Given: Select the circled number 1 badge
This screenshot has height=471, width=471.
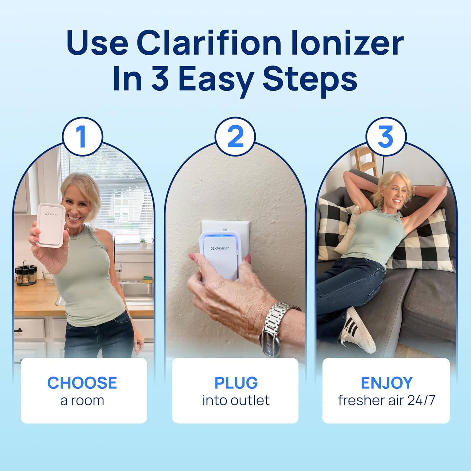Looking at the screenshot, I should pyautogui.click(x=82, y=137).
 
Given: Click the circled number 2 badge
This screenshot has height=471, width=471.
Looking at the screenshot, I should pyautogui.click(x=235, y=137).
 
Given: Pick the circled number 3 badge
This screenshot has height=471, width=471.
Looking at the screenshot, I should pyautogui.click(x=386, y=137).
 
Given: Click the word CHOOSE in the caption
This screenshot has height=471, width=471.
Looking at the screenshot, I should pyautogui.click(x=82, y=383).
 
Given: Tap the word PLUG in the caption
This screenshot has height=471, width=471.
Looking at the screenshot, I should pyautogui.click(x=236, y=383).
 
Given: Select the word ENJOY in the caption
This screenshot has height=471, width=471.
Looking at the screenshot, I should pyautogui.click(x=387, y=383).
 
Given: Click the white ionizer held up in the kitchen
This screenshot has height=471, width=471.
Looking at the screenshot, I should pyautogui.click(x=51, y=224).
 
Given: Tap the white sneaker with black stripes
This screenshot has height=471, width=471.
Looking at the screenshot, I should pyautogui.click(x=358, y=330).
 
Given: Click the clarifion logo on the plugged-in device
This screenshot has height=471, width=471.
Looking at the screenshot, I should pyautogui.click(x=220, y=248).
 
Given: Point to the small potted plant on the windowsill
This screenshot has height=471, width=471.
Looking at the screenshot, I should pyautogui.click(x=143, y=243).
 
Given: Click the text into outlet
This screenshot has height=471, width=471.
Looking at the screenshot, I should pyautogui.click(x=236, y=400).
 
